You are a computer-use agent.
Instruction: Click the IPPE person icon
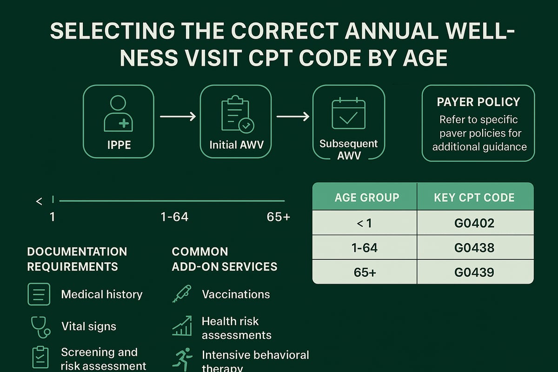pyautogui.click(x=118, y=113)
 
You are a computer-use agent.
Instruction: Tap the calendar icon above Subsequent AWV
pyautogui.click(x=348, y=113)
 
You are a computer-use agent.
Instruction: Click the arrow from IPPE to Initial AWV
pyautogui.click(x=178, y=116)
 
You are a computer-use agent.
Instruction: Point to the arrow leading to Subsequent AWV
pyautogui.click(x=293, y=116)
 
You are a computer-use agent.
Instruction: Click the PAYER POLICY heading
pyautogui.click(x=478, y=102)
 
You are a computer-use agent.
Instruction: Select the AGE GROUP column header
pyautogui.click(x=366, y=198)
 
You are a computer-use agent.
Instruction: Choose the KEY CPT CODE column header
pyautogui.click(x=474, y=198)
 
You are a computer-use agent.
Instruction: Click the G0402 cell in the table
pyautogui.click(x=474, y=223)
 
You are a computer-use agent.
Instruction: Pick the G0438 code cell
pyautogui.click(x=474, y=248)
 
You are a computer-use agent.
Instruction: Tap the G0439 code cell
pyautogui.click(x=474, y=272)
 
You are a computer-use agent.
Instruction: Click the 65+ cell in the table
pyautogui.click(x=365, y=272)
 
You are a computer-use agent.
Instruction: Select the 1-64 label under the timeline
pyautogui.click(x=174, y=217)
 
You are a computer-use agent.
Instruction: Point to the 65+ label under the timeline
pyautogui.click(x=279, y=217)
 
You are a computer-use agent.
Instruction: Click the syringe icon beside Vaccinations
pyautogui.click(x=181, y=294)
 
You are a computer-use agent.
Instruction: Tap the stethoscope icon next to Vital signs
pyautogui.click(x=40, y=326)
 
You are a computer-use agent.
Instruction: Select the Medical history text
pyautogui.click(x=101, y=294)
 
